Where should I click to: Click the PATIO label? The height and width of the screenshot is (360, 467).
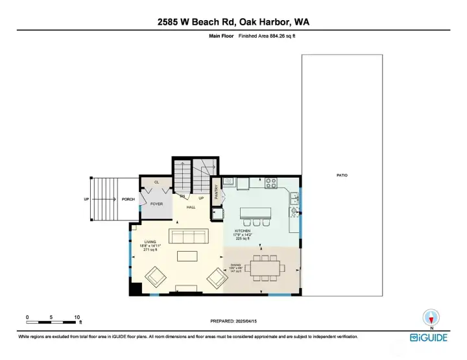(x=342, y=175)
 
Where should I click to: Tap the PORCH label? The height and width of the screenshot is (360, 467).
(x=128, y=199)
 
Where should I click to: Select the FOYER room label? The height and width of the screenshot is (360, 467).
(x=156, y=204)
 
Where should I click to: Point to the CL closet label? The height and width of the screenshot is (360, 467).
(x=156, y=182)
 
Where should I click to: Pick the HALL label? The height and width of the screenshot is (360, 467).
(x=191, y=208)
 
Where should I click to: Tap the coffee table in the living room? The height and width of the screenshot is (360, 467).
(x=187, y=256)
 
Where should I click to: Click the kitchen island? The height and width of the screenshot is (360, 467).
(x=255, y=213)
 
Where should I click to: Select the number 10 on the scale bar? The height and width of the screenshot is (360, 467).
(x=77, y=317)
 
